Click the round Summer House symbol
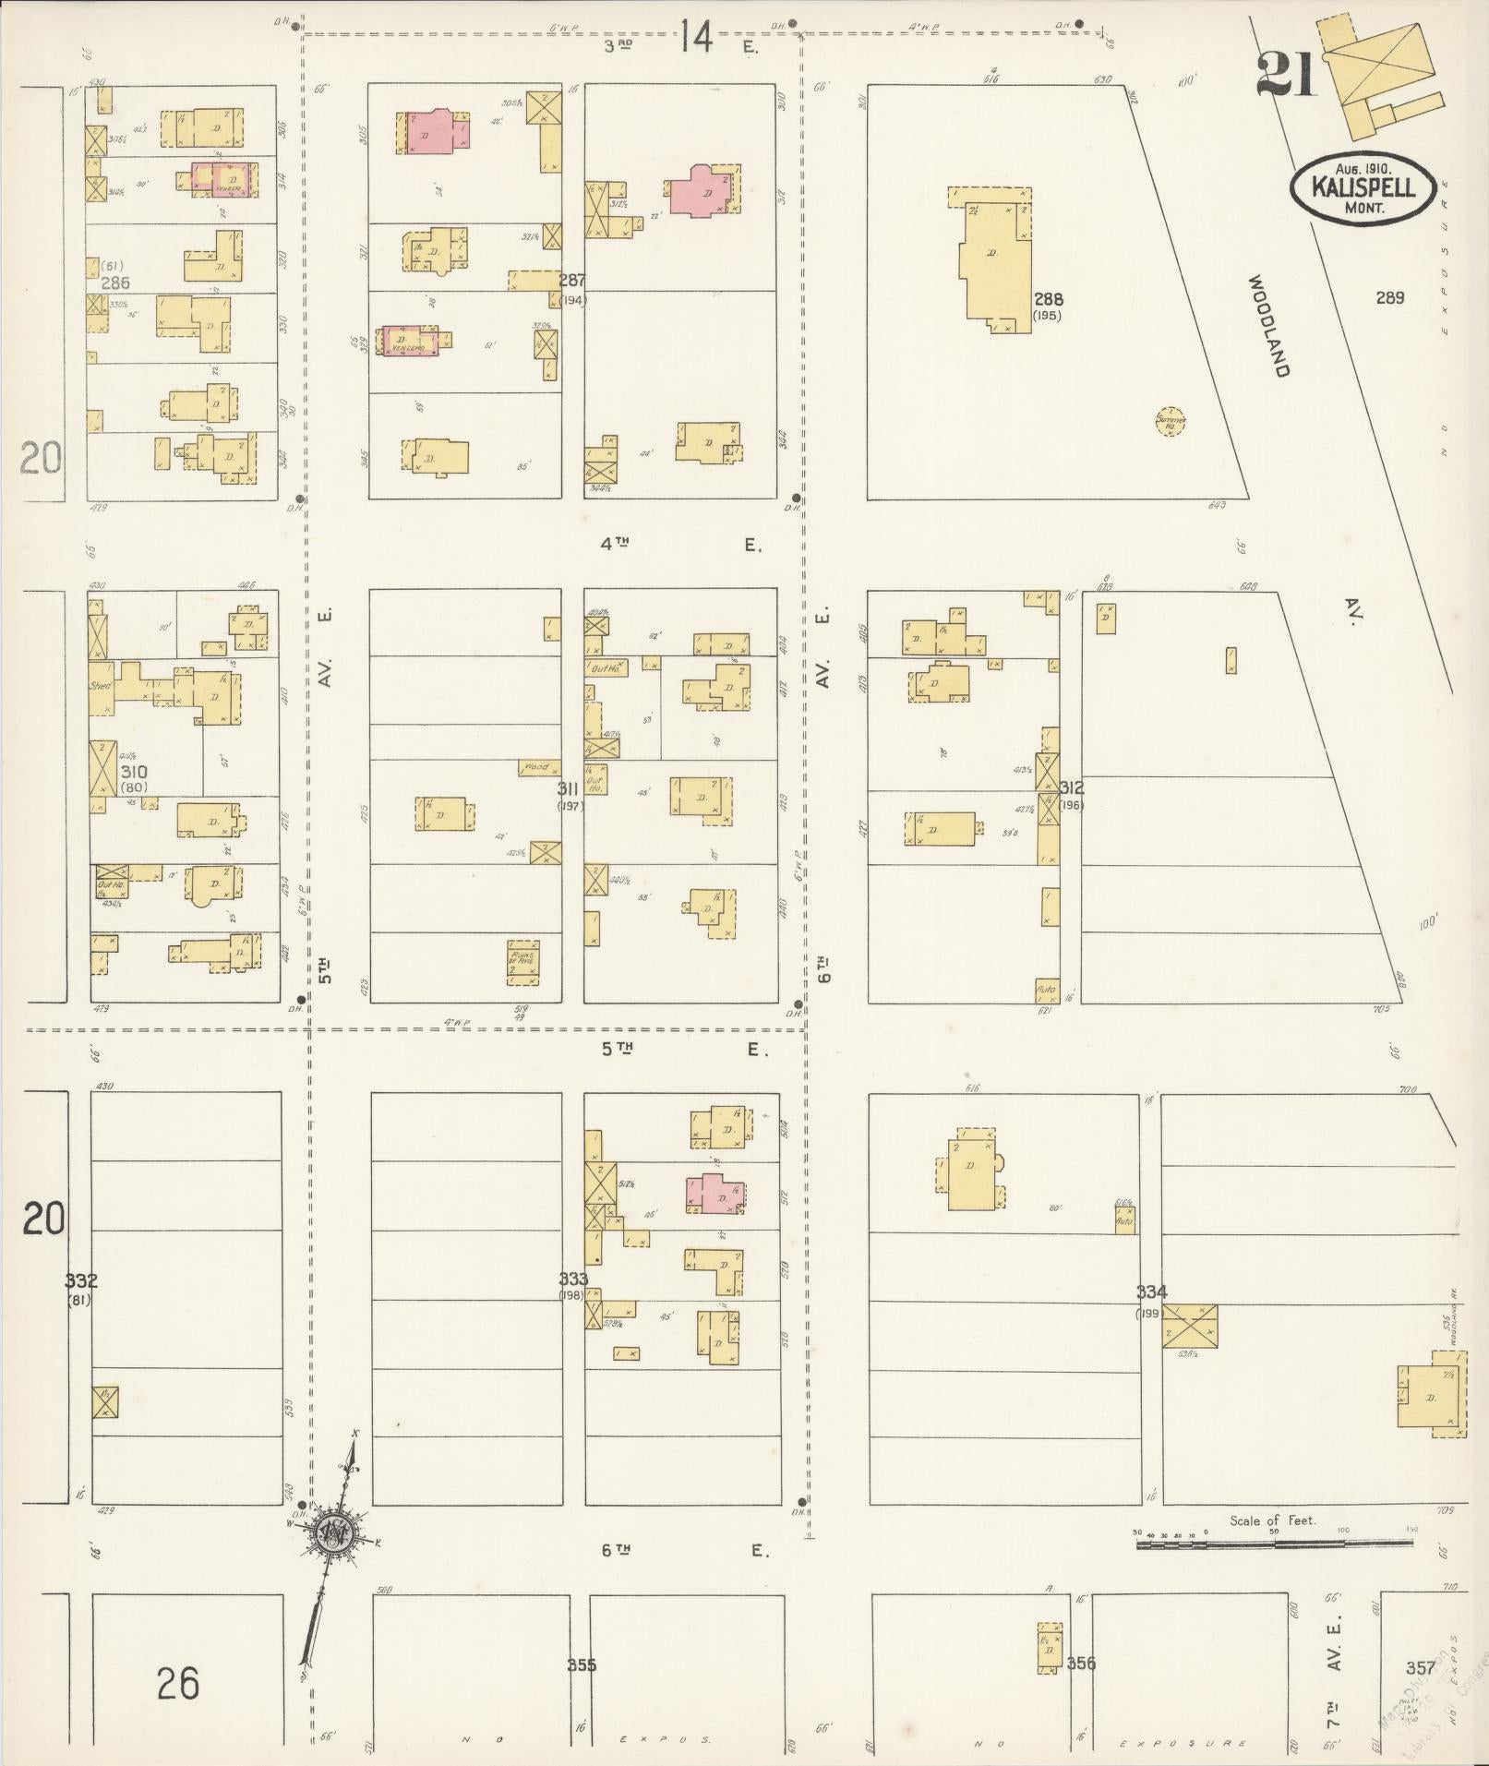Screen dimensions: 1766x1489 1171,421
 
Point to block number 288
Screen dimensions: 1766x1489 1049,299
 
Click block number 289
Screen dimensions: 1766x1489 1389,297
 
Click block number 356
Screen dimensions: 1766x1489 1081,1663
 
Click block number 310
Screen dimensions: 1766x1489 135,772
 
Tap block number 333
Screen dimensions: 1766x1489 573,1279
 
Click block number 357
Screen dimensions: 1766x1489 1420,1667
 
